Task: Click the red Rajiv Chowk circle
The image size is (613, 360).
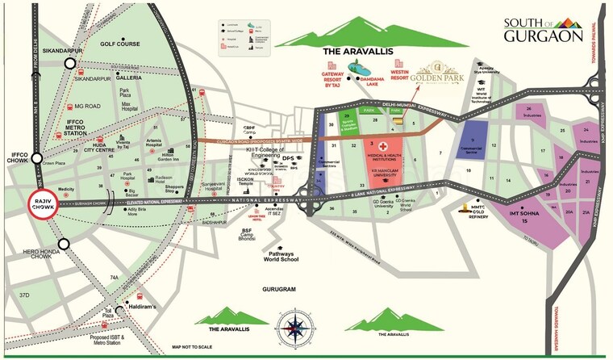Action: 43,204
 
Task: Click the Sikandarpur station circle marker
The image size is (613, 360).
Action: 72,63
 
